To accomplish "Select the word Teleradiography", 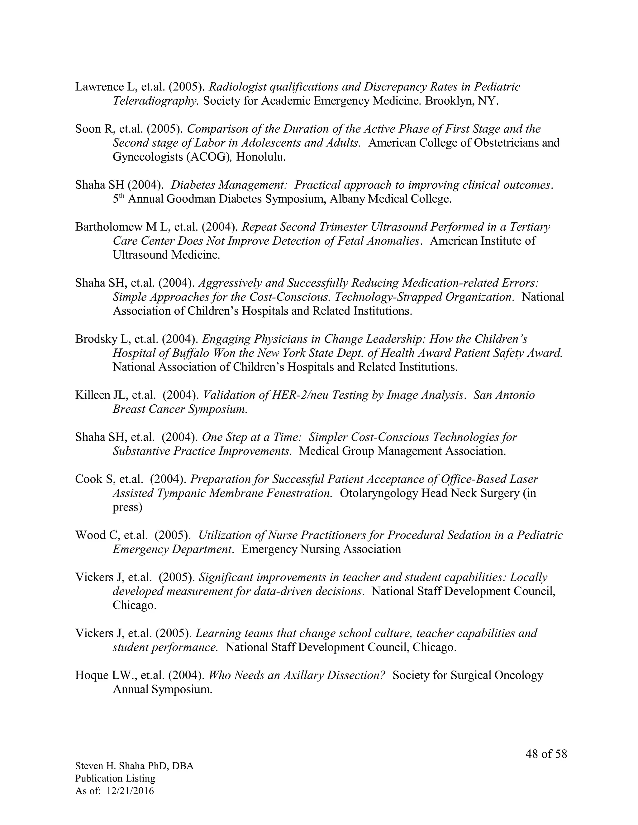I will coord(156,101).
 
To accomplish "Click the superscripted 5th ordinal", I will coord(118,199).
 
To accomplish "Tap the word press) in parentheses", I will coord(127,507).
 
